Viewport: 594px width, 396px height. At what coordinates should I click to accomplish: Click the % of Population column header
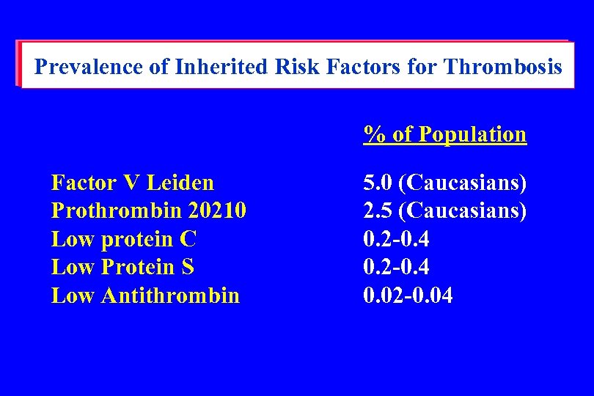pyautogui.click(x=445, y=134)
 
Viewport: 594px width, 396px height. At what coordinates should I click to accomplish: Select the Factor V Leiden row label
pyautogui.click(x=133, y=183)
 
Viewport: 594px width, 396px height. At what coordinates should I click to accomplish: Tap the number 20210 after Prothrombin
pyautogui.click(x=217, y=211)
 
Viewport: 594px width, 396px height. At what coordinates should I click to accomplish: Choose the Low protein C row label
pyautogui.click(x=124, y=239)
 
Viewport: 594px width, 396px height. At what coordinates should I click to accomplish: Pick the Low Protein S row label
pyautogui.click(x=122, y=267)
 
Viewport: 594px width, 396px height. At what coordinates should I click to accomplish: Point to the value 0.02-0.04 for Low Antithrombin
pyautogui.click(x=408, y=296)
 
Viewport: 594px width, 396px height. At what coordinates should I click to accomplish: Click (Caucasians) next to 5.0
pyautogui.click(x=465, y=183)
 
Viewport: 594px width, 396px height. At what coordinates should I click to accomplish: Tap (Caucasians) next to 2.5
pyautogui.click(x=465, y=211)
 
